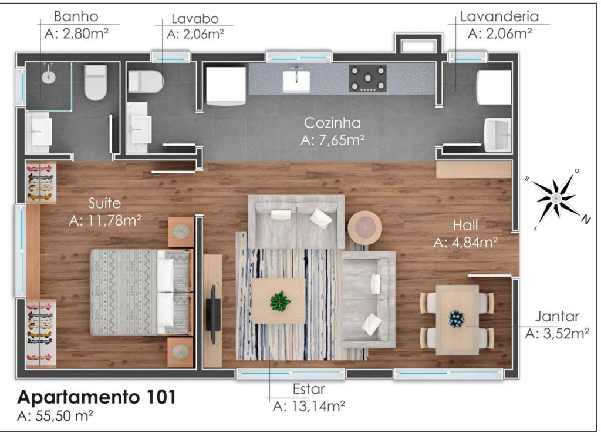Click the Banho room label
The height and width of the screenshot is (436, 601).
click(x=76, y=16)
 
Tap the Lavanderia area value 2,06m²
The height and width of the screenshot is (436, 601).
click(x=499, y=33)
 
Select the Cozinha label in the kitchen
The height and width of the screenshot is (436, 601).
click(x=332, y=123)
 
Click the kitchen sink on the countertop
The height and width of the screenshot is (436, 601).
click(x=296, y=81)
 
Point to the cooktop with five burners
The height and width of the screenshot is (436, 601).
click(x=367, y=78)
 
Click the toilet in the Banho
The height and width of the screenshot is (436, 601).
click(x=96, y=82)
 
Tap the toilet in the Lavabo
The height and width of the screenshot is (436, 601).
click(x=146, y=81)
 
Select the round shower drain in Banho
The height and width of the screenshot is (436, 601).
click(x=49, y=77)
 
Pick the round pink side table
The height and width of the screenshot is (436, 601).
click(x=364, y=228)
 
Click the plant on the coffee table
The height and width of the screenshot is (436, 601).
click(x=280, y=301)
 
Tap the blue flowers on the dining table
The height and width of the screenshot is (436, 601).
click(x=457, y=319)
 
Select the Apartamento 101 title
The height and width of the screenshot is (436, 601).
click(x=97, y=397)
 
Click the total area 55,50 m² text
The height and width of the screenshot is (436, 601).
click(x=55, y=416)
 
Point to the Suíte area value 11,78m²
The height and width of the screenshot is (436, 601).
click(x=105, y=221)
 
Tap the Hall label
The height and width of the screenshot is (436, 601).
click(x=465, y=225)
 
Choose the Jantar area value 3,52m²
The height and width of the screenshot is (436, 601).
click(x=557, y=334)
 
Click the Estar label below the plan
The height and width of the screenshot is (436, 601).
click(x=309, y=389)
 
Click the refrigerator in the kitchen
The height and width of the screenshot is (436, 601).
click(x=225, y=86)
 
